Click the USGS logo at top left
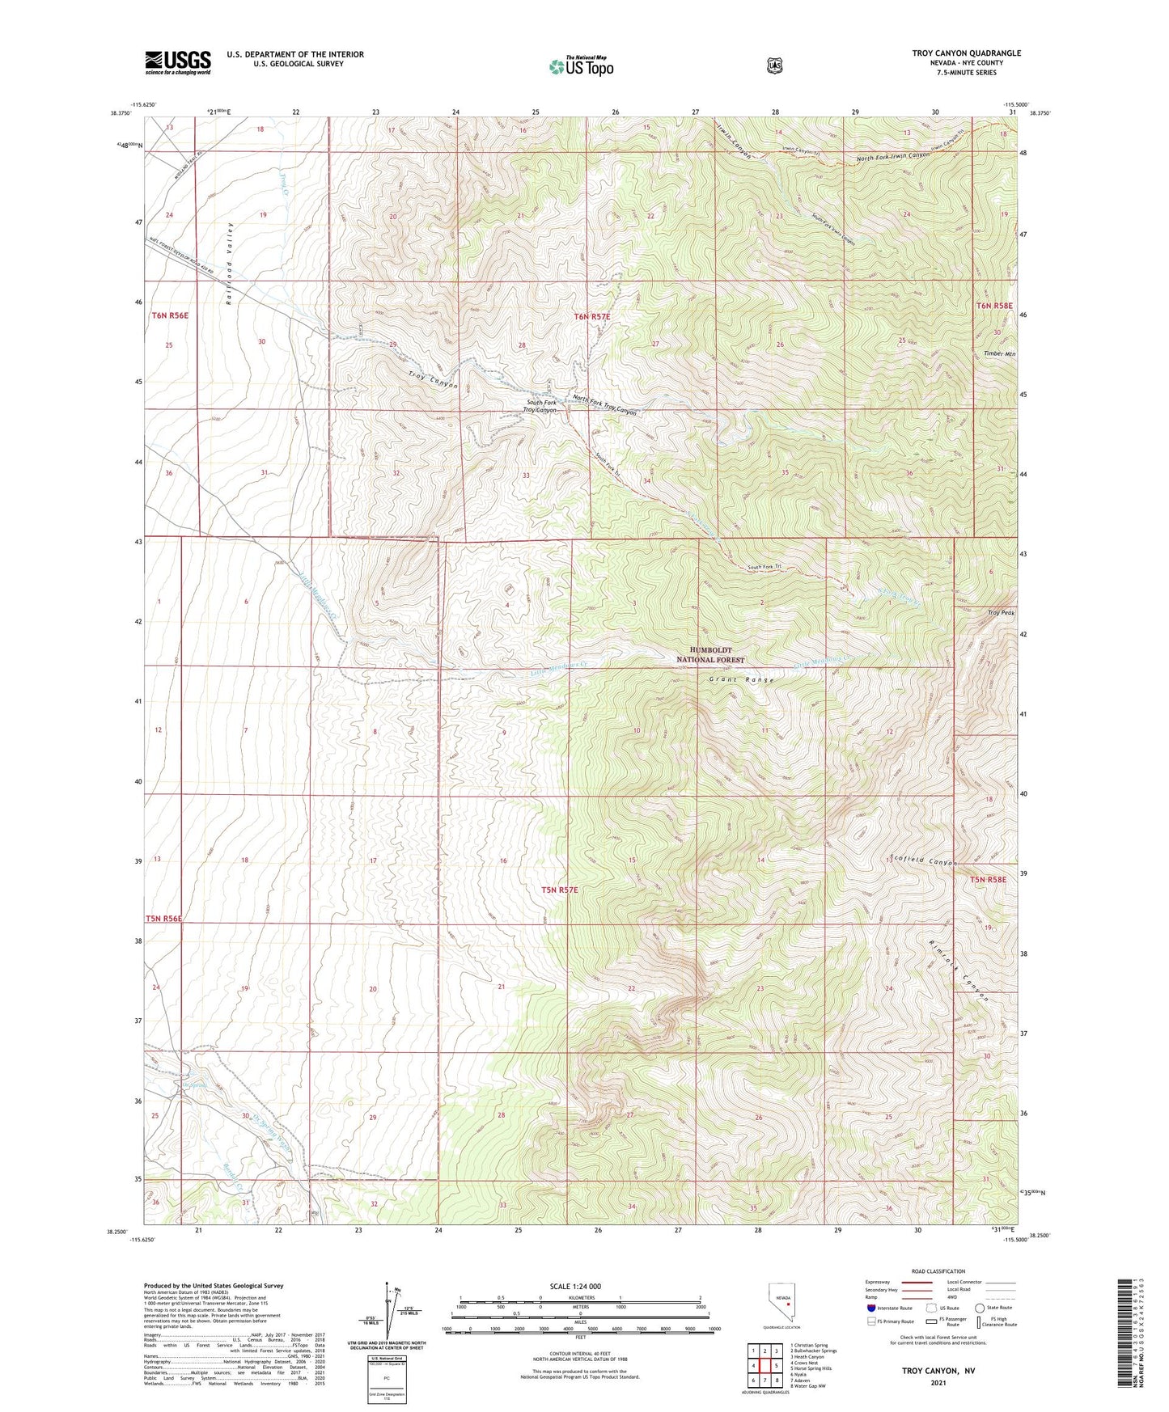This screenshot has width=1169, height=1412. click(178, 62)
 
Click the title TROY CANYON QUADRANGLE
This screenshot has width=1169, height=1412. click(966, 53)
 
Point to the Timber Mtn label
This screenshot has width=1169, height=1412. click(994, 354)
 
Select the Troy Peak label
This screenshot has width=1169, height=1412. click(1001, 613)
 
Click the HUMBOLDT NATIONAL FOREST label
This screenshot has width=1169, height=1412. click(716, 654)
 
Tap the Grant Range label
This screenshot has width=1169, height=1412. click(742, 680)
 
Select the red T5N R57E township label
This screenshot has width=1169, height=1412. click(560, 890)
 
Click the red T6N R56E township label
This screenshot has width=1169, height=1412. click(170, 316)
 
